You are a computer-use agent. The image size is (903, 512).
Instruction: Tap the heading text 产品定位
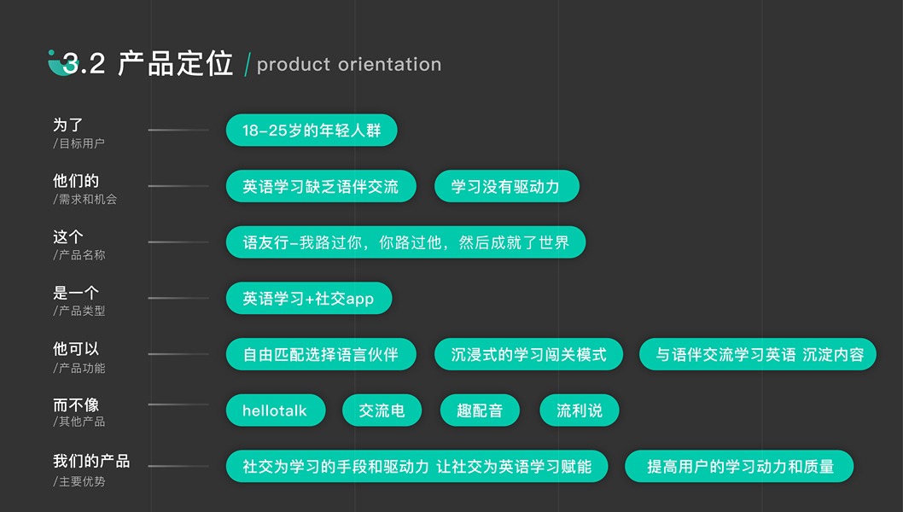pyautogui.click(x=175, y=64)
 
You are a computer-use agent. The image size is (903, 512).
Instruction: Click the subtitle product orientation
pyautogui.click(x=349, y=64)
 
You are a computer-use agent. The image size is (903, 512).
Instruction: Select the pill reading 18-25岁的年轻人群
pyautogui.click(x=312, y=131)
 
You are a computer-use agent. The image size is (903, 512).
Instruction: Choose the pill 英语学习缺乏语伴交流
pyautogui.click(x=321, y=187)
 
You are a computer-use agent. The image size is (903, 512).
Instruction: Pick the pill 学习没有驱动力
pyautogui.click(x=506, y=187)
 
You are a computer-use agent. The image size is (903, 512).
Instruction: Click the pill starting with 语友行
pyautogui.click(x=405, y=242)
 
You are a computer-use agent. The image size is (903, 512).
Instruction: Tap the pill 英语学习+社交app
pyautogui.click(x=308, y=299)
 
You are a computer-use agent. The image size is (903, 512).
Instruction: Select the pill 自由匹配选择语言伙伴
pyautogui.click(x=321, y=354)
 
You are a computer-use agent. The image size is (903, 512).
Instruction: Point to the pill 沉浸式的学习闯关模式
pyautogui.click(x=528, y=354)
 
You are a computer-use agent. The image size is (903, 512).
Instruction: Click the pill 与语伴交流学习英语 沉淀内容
pyautogui.click(x=759, y=354)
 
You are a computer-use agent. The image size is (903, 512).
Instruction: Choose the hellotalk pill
pyautogui.click(x=275, y=410)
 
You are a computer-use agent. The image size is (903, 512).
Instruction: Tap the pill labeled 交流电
pyautogui.click(x=382, y=410)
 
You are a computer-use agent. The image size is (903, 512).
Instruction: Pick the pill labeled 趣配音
pyautogui.click(x=480, y=410)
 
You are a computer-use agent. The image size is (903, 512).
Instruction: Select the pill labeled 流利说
pyautogui.click(x=579, y=410)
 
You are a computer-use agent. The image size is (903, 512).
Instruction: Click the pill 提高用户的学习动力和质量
pyautogui.click(x=739, y=467)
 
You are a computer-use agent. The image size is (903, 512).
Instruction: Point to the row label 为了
pyautogui.click(x=68, y=125)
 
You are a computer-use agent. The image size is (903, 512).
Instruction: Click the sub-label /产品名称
pyautogui.click(x=79, y=255)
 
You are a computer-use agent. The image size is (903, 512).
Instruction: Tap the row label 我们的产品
pyautogui.click(x=91, y=461)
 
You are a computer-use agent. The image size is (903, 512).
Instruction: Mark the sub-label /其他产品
pyautogui.click(x=79, y=422)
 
